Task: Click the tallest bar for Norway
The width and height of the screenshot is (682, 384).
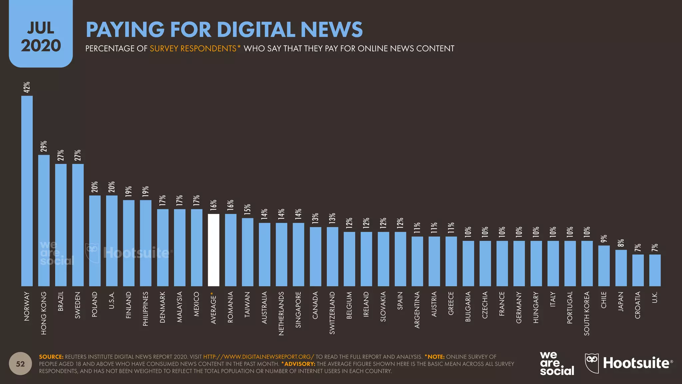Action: tap(27, 191)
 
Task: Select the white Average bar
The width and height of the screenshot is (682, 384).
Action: tap(213, 250)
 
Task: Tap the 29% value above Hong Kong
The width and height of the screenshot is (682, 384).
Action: tap(44, 146)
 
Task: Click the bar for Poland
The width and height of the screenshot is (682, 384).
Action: tap(95, 241)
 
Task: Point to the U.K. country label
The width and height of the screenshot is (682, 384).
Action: tap(655, 297)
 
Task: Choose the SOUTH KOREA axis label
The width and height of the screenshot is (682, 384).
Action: tap(587, 313)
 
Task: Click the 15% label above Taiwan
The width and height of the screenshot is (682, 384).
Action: tap(247, 209)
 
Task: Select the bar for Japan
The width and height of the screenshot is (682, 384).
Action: tap(621, 268)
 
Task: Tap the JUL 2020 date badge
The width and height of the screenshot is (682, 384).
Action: tap(41, 37)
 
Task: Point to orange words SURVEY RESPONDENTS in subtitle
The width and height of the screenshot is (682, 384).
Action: tap(193, 49)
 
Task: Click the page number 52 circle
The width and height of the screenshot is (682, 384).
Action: tap(20, 364)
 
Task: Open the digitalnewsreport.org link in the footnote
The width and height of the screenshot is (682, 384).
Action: tap(258, 357)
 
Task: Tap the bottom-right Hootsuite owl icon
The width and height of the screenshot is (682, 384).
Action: tap(592, 363)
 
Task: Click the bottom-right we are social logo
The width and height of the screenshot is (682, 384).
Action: tap(557, 363)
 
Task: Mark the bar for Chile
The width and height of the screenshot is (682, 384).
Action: tap(604, 266)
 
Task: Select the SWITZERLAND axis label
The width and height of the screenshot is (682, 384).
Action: tap(332, 313)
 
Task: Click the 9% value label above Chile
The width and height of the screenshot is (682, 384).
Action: tap(604, 239)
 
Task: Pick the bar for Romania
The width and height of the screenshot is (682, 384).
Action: tap(230, 250)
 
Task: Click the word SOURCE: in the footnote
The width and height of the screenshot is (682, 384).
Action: tap(51, 357)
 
